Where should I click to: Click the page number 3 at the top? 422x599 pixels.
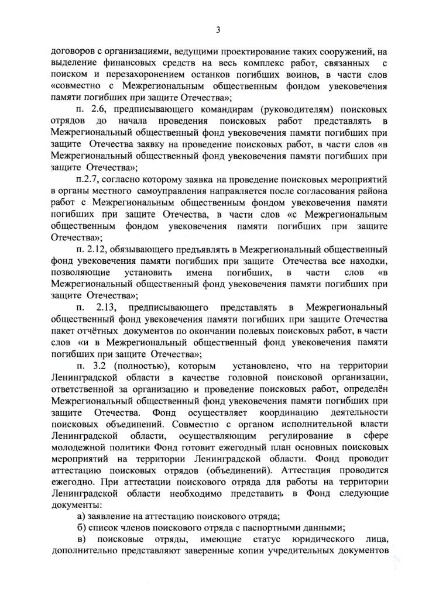pyautogui.click(x=217, y=30)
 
